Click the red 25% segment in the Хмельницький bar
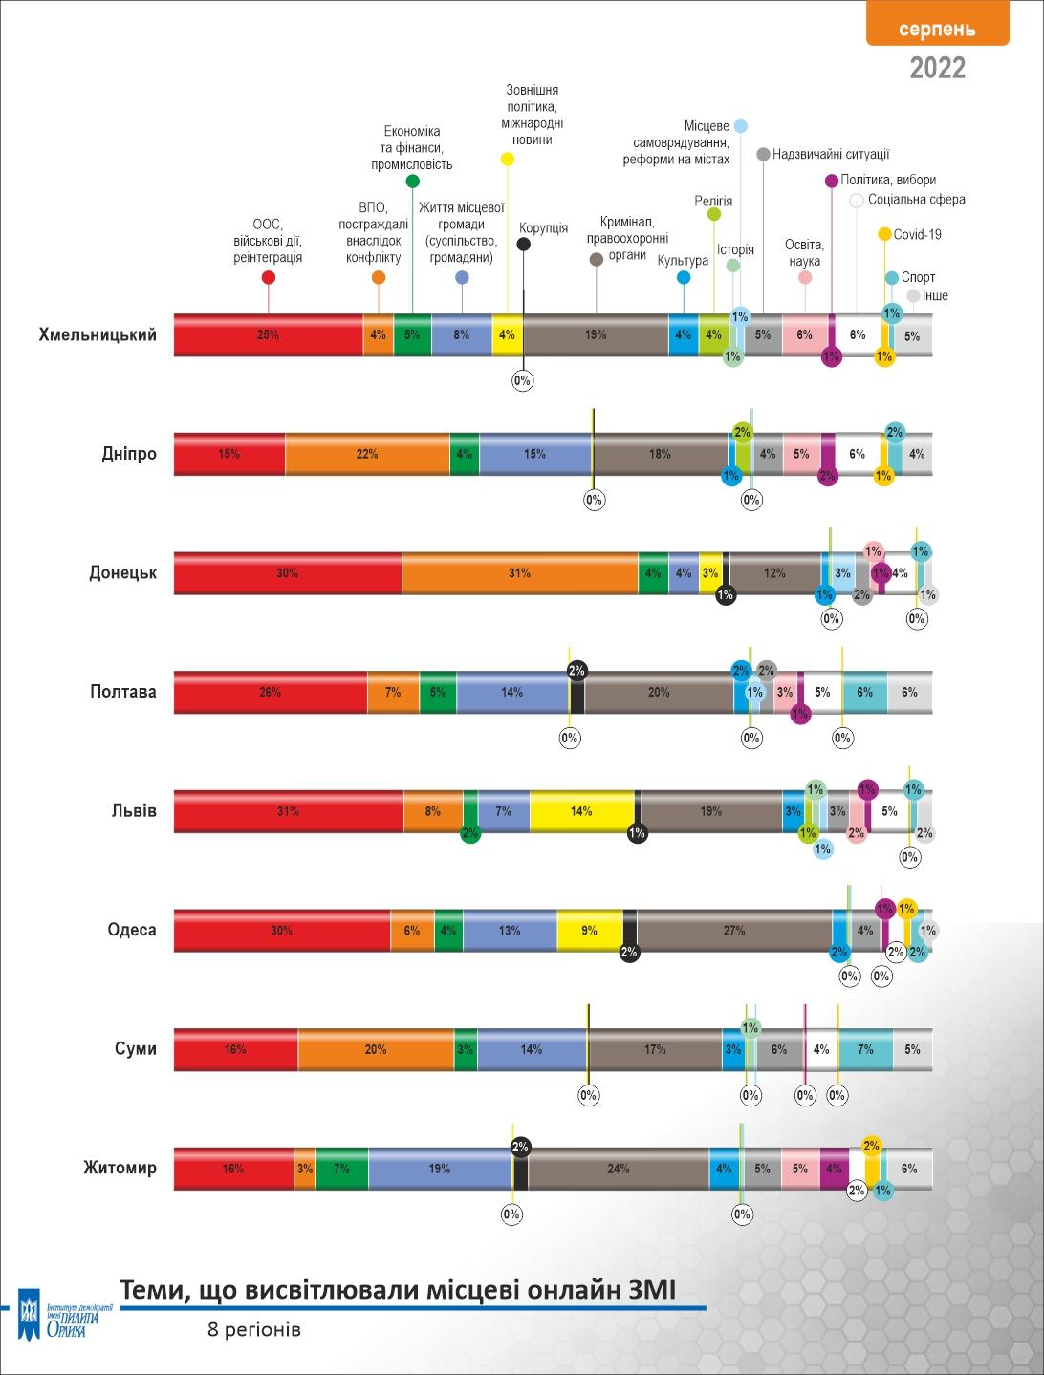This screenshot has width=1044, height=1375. point(268,335)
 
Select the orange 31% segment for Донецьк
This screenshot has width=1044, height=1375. point(519,573)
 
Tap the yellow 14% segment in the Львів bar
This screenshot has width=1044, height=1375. point(581,811)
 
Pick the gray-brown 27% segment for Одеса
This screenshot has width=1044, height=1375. point(733,930)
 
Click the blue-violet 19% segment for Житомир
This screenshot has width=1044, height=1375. point(439,1169)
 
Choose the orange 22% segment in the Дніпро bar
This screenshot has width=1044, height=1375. point(367,454)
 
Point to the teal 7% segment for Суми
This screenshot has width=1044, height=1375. point(865,1049)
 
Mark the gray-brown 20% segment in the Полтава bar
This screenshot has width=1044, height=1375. point(659,692)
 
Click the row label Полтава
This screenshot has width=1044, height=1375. point(123,691)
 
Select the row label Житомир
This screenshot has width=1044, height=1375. point(120,1168)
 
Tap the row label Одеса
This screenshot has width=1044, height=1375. point(132,930)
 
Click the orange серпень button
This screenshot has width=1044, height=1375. point(937,28)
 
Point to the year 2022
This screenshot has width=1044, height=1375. point(937,68)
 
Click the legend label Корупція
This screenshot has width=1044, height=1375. point(543,228)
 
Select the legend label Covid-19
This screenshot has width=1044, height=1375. point(917,234)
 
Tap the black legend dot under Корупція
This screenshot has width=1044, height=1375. point(524,245)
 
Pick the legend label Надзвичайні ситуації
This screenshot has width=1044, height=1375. point(830,154)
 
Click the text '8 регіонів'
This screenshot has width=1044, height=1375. point(254,1330)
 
